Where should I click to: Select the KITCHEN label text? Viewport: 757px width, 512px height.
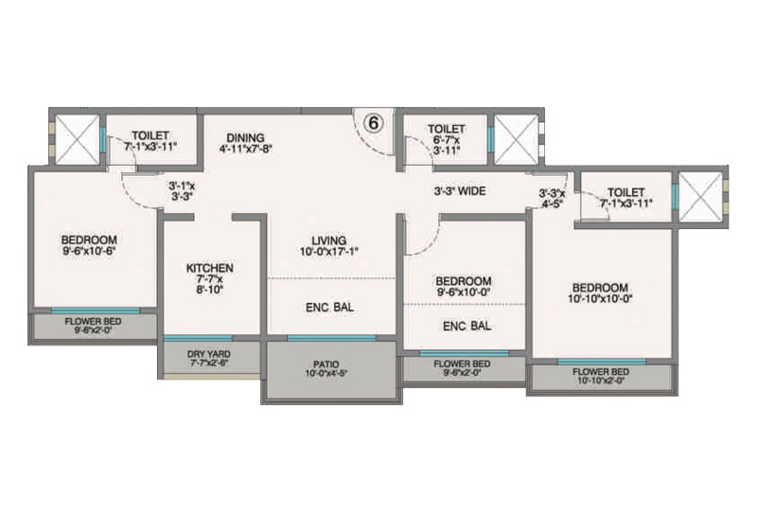coord(210,269)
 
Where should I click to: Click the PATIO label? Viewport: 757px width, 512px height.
coord(327,363)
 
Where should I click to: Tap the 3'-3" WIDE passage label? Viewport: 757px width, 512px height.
coord(460,191)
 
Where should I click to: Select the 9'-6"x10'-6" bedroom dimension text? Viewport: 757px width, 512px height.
coord(89,251)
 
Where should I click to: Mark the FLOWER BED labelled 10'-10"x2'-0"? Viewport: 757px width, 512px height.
coord(600,377)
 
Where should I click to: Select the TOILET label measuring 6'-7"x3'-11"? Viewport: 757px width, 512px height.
coord(446,129)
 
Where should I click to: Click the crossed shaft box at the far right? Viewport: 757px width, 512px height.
coord(701,199)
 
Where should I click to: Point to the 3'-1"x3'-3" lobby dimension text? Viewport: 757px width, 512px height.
coord(181,192)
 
